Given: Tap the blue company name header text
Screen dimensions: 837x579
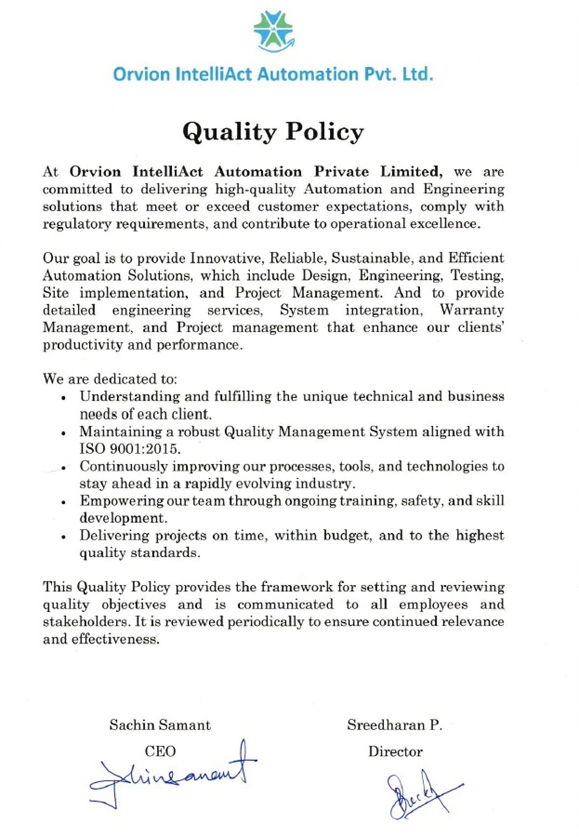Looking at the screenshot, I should [x=273, y=74].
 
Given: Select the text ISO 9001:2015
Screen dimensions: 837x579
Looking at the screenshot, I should [x=129, y=449].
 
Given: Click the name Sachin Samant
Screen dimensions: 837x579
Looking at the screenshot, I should [x=160, y=725].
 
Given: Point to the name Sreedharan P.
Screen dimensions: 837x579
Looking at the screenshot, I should [x=395, y=725].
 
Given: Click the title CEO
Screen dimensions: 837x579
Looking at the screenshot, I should [x=160, y=751].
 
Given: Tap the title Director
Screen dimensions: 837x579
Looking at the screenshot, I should [x=395, y=751].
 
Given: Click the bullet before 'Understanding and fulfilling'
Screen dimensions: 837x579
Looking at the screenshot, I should [x=64, y=398].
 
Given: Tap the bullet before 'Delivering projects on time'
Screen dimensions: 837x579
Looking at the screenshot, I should [x=64, y=537].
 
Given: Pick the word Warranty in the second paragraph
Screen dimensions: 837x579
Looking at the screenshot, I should [x=472, y=310].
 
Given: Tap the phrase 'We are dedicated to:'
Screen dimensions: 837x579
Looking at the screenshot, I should [x=110, y=379].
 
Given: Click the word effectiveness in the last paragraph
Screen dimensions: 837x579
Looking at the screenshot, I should [x=115, y=639].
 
